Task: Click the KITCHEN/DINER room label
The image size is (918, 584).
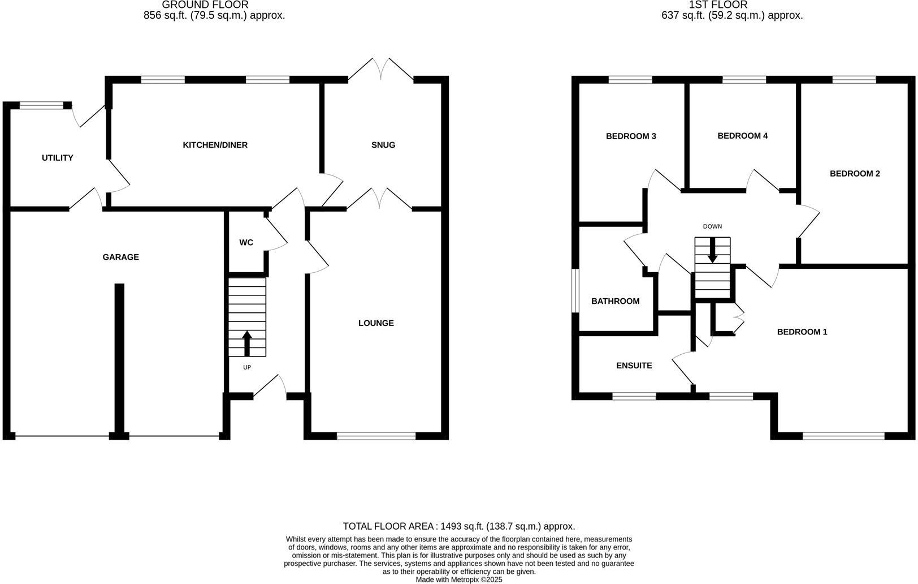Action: (x=215, y=145)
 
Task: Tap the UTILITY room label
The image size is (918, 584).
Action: (x=58, y=158)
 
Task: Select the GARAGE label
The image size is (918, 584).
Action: (x=120, y=257)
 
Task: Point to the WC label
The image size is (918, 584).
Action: (x=246, y=243)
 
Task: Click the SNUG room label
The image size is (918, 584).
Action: (x=383, y=145)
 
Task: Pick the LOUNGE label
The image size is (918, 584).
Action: (x=376, y=323)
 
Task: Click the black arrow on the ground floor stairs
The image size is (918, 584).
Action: (x=246, y=343)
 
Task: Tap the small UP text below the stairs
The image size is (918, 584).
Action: (x=246, y=367)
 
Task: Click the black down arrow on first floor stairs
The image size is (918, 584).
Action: (x=712, y=250)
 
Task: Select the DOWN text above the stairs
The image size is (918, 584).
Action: (x=712, y=226)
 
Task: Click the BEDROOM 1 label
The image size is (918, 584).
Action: (x=802, y=332)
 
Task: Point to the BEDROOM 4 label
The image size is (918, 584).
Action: (x=742, y=136)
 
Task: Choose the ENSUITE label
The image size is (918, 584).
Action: (x=634, y=366)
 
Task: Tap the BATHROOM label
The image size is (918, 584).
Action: (x=615, y=301)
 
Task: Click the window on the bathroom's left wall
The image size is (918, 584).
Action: (x=575, y=290)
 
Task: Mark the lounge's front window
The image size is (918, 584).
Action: (x=376, y=436)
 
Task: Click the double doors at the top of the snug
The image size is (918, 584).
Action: (x=382, y=71)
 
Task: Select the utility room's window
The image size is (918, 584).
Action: (x=41, y=105)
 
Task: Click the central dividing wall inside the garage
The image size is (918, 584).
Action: (x=119, y=357)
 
